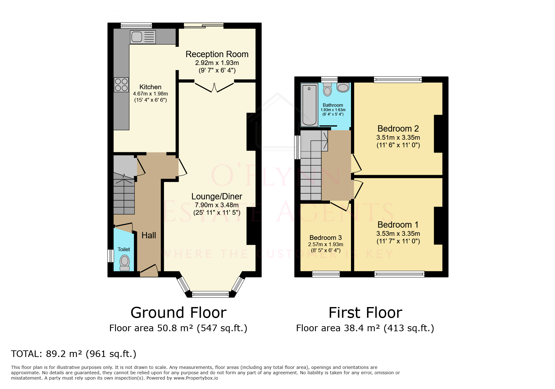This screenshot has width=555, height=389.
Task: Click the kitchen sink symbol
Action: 143,37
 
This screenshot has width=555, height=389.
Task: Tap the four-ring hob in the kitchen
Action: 121,85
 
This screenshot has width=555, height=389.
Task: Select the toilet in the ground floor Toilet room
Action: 124,262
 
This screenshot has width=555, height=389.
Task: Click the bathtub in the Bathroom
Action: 309,105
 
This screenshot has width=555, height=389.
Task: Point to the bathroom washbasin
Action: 343,87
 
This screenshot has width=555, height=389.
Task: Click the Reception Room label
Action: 217,54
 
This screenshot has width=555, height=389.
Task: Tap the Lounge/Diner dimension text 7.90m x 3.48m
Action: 217,205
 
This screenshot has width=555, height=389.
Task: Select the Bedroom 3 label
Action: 325,238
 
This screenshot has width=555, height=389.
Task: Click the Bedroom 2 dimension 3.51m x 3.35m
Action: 398,138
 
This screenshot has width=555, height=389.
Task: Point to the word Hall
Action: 149,235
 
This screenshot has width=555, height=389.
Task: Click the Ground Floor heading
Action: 178,313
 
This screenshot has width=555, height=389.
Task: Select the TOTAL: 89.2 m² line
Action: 74,354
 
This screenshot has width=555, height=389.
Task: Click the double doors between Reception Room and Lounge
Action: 214,87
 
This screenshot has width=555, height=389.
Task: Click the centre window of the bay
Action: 210,294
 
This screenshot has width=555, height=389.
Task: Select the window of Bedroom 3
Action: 326,274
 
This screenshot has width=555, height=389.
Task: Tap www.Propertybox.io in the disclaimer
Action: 196,378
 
